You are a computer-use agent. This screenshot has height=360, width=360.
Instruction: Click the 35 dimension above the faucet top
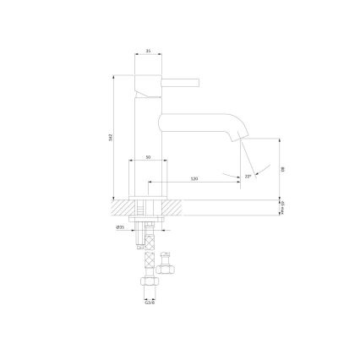click(148, 52)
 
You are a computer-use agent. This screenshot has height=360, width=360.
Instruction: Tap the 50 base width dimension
click(148, 157)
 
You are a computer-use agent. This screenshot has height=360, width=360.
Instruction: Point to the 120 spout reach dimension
click(194, 179)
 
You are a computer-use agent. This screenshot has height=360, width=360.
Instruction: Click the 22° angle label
click(248, 176)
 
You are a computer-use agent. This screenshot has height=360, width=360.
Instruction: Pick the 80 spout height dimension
click(284, 169)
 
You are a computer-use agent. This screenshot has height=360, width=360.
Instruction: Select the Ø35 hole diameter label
click(121, 226)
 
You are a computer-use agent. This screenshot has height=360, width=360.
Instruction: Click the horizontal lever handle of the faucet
click(179, 83)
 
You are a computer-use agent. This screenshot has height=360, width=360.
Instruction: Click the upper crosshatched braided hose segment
click(150, 241)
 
